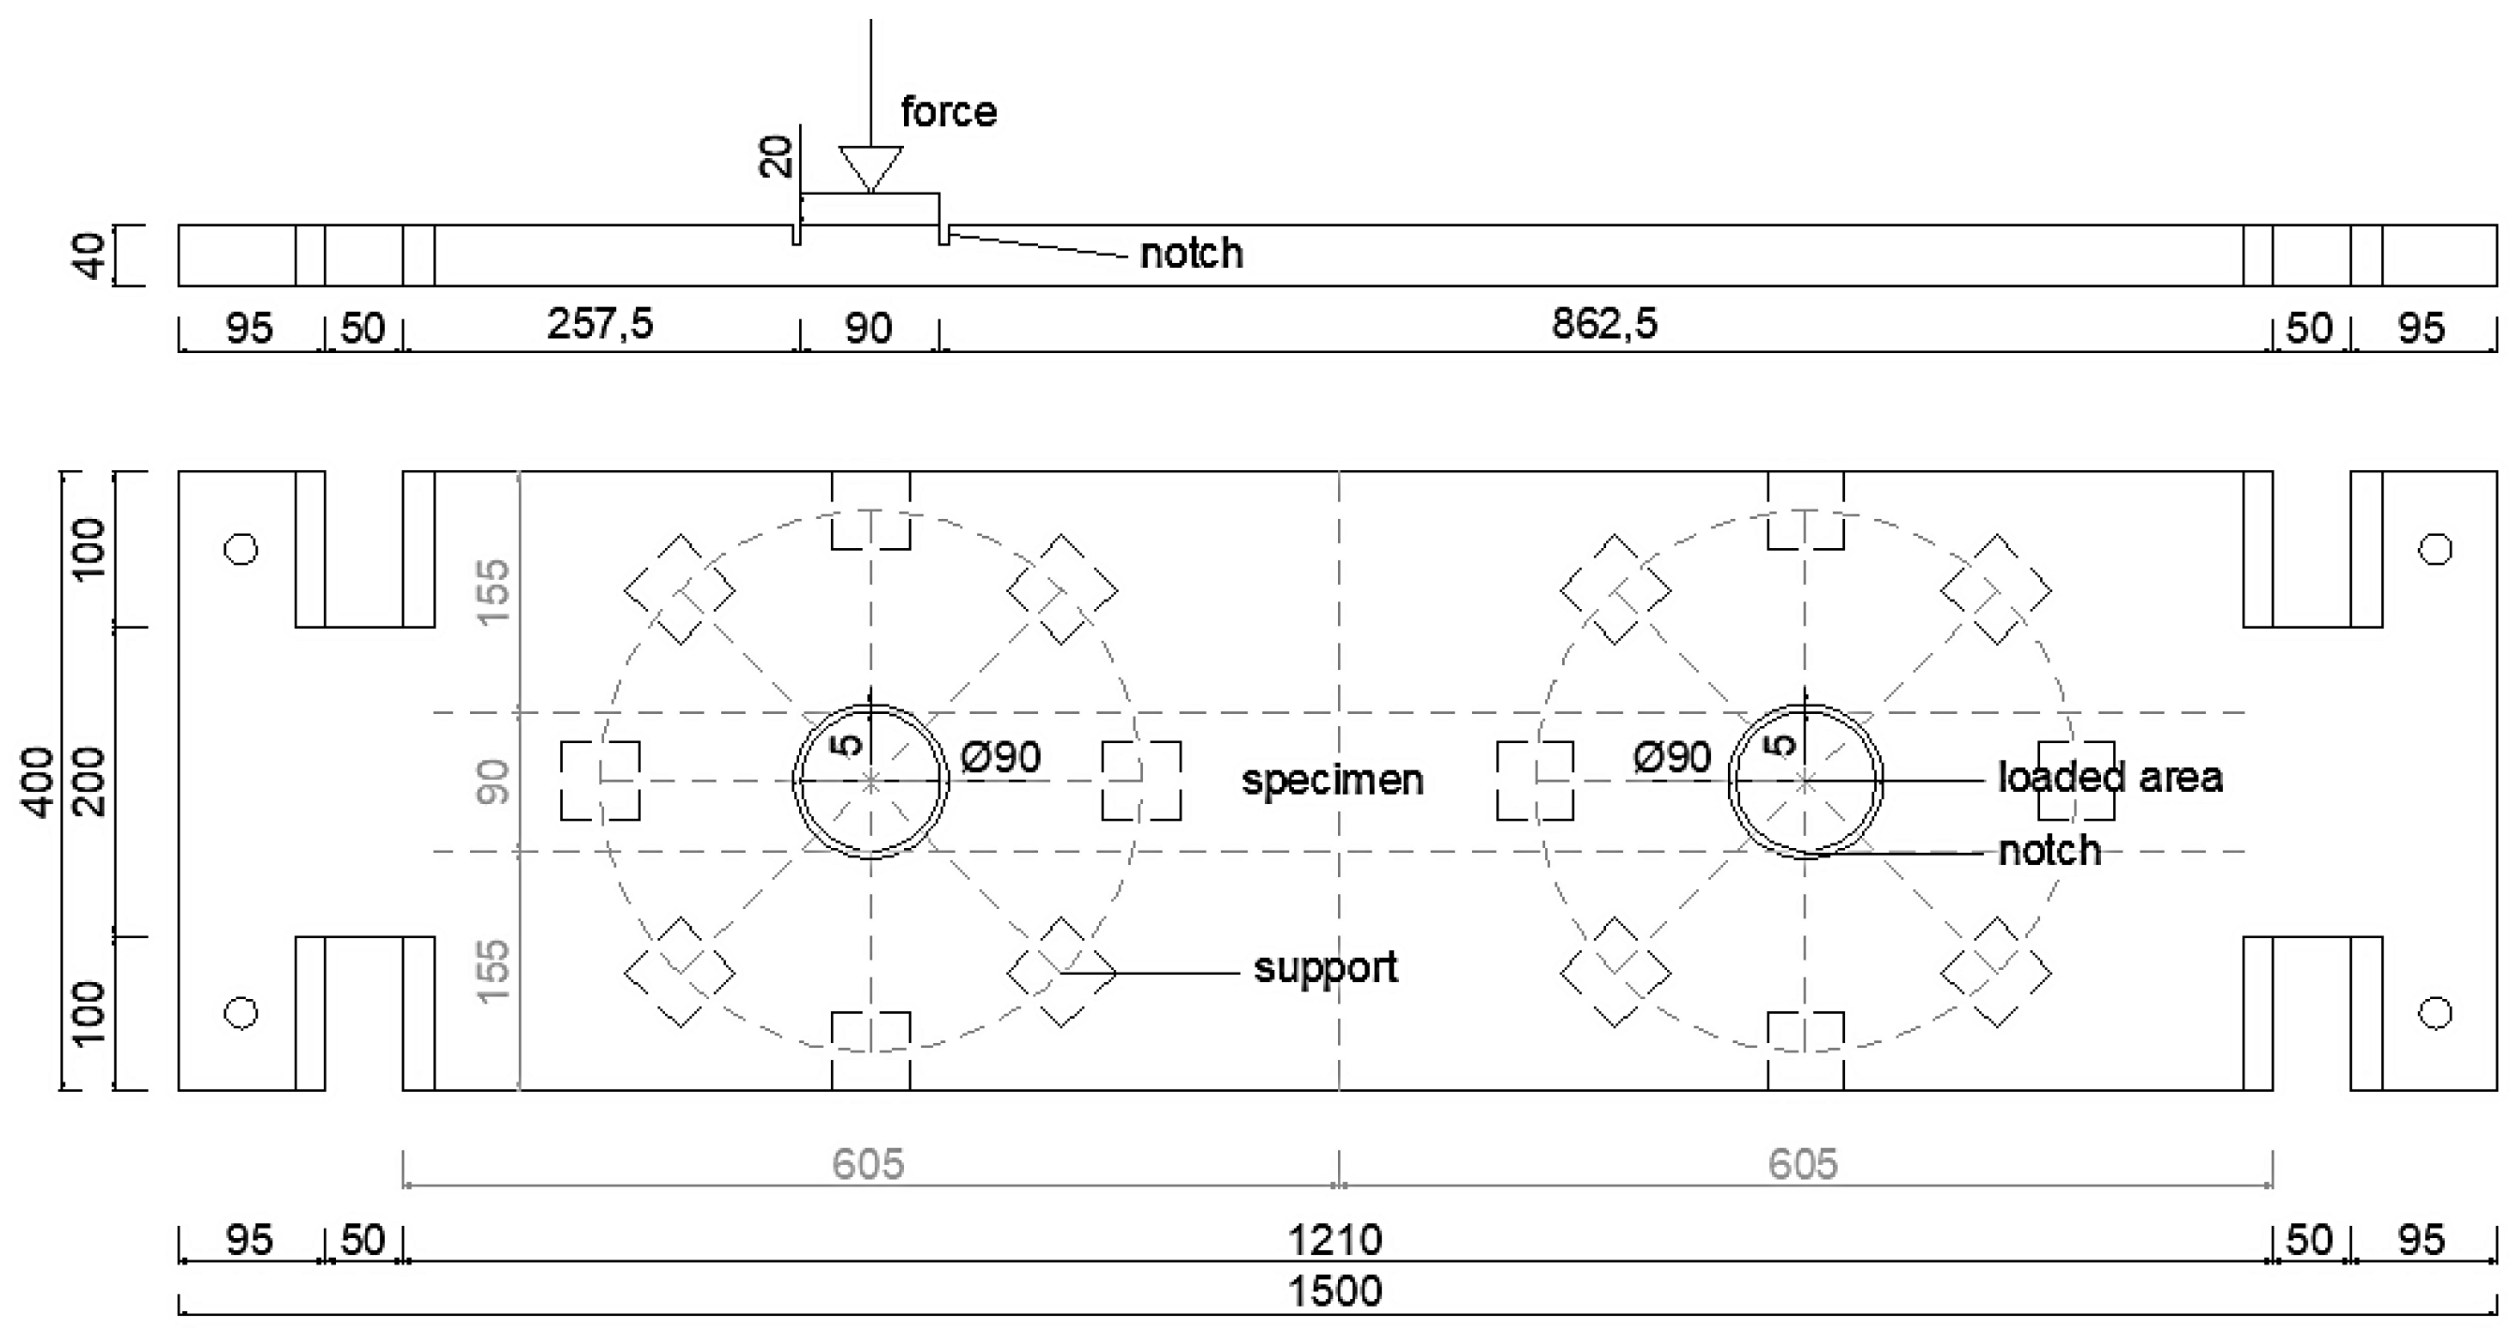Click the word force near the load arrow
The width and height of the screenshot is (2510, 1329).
(948, 112)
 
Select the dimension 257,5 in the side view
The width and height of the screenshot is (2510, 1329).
(599, 324)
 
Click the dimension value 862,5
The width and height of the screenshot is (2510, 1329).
(1603, 324)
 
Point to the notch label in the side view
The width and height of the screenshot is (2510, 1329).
(1191, 253)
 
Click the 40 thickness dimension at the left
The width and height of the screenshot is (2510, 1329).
(93, 255)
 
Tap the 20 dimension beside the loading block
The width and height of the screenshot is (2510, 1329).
(777, 155)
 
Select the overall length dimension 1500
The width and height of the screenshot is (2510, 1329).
(1334, 1292)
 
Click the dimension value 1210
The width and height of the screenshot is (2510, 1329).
(1334, 1241)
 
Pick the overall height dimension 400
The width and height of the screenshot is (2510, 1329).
(39, 782)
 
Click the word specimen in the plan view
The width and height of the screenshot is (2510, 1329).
(1332, 780)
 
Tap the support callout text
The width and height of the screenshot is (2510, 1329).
(1325, 967)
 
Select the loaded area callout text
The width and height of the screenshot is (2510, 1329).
(2110, 777)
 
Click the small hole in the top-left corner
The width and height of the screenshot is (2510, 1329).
(241, 550)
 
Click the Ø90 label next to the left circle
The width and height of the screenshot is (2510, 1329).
(1001, 757)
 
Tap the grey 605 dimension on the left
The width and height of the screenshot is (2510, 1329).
(867, 1164)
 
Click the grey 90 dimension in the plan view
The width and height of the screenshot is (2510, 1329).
(495, 782)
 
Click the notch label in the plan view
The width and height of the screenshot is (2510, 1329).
(2049, 851)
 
